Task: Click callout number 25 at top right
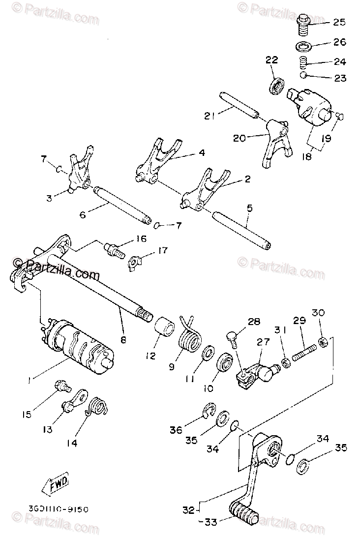339,22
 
